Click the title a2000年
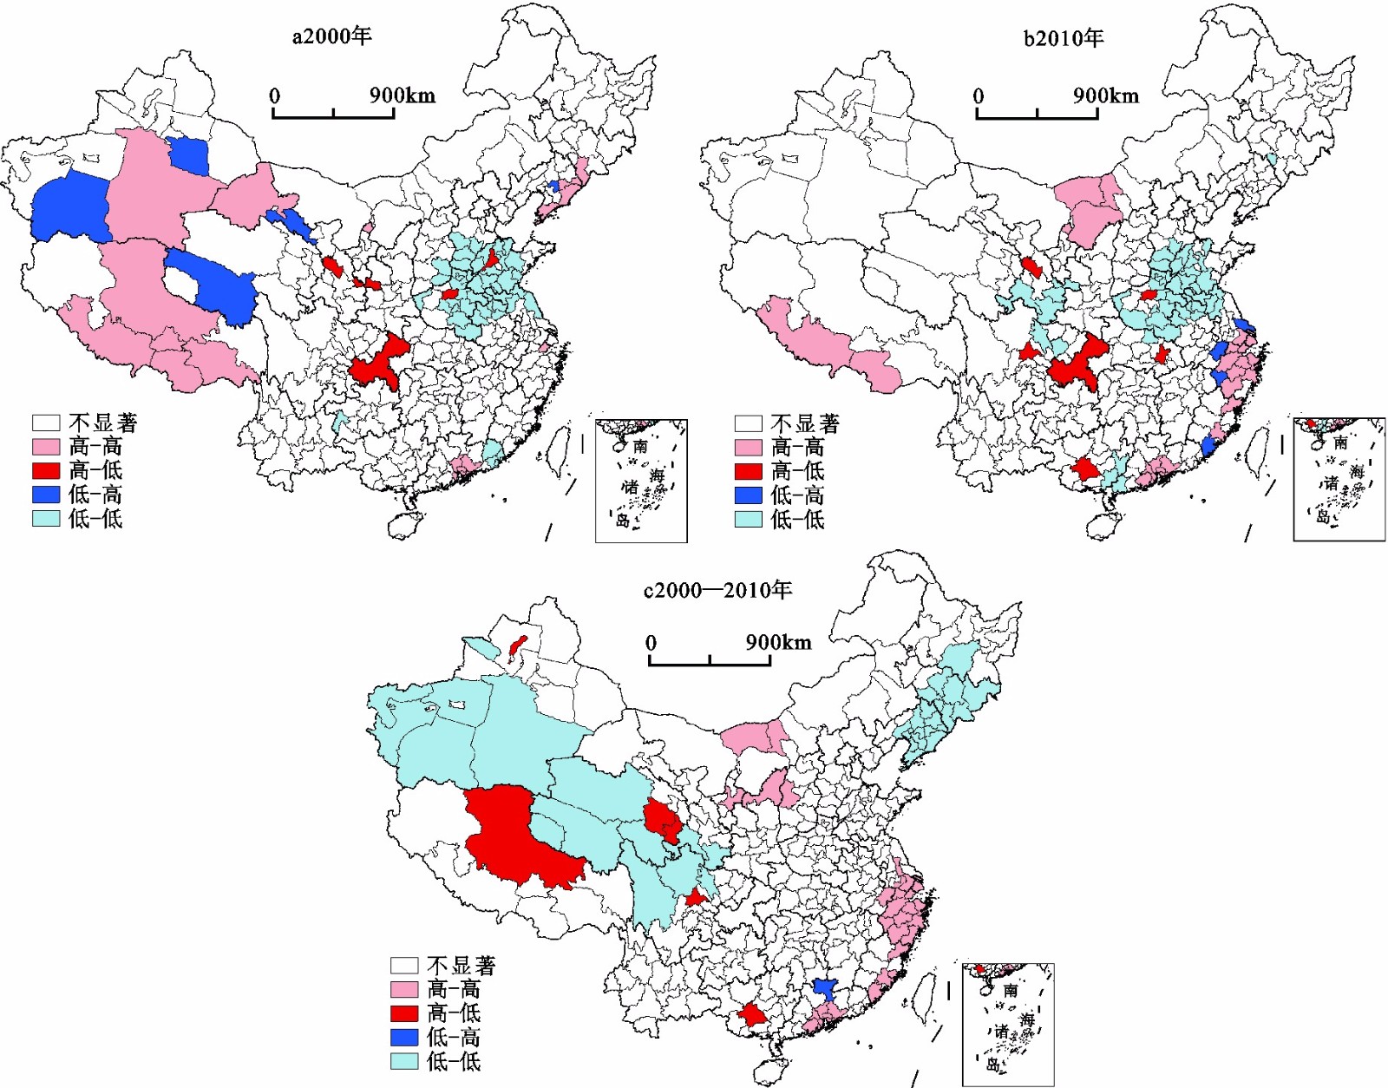331,36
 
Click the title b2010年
1064,38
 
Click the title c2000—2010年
718,591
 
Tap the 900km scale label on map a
403,95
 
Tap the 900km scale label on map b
1106,95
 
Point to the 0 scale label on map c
651,643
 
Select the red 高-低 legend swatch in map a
46,470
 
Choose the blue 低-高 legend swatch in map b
749,495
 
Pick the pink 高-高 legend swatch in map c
404,989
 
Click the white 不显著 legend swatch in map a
46,423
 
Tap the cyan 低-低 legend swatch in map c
404,1061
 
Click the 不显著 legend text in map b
805,423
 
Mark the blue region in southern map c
824,988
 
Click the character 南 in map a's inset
640,446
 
